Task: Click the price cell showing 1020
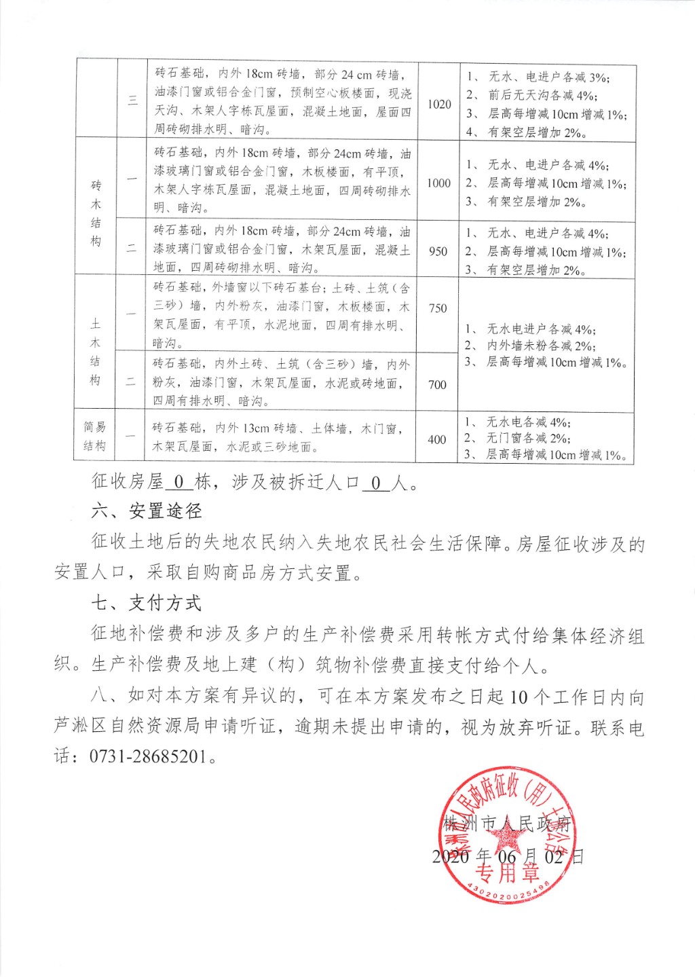pos(439,104)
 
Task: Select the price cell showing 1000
pos(438,183)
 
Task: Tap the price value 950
pos(438,251)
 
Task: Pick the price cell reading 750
pos(438,308)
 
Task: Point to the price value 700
pos(437,384)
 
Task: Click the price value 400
pos(436,439)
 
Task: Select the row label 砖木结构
pos(96,213)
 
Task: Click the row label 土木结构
pos(95,352)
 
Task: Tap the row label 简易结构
pos(95,436)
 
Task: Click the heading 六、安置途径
pos(147,511)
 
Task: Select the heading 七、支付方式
pos(147,603)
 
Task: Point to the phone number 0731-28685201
pos(148,756)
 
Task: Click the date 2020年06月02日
pos(507,856)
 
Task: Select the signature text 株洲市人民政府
pos(507,824)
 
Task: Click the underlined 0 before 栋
pos(179,482)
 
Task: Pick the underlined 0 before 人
pos(376,483)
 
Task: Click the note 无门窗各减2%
pos(529,439)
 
